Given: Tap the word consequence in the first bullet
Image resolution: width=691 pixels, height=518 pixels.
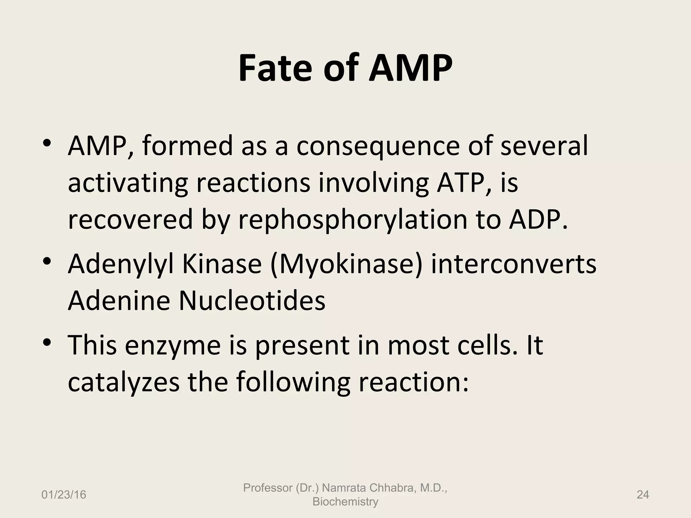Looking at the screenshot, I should [378, 146].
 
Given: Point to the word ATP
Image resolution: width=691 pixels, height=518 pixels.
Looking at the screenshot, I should [465, 182].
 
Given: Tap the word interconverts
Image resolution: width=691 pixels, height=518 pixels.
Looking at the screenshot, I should [514, 264].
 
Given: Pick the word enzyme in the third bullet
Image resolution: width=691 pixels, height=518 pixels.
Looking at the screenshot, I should [172, 345].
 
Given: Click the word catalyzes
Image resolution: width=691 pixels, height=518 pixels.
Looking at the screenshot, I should [123, 382].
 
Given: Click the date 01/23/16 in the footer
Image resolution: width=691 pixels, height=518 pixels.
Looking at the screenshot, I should [64, 495].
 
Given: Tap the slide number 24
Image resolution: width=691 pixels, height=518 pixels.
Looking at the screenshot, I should [643, 495].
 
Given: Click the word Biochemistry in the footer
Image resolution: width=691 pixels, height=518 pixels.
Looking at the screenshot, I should [345, 502].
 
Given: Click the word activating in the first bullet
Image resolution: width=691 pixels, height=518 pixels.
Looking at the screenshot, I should [128, 183].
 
